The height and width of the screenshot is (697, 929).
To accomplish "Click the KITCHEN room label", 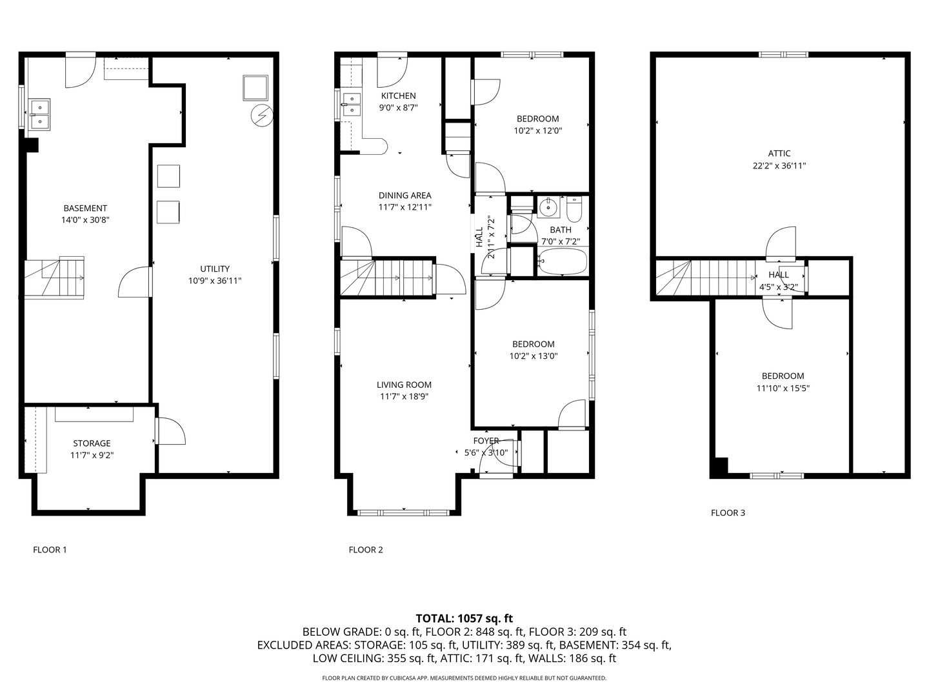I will tap(398, 96).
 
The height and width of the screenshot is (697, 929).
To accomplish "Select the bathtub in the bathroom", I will tap(563, 263).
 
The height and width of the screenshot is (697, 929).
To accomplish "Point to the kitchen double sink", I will tap(352, 104).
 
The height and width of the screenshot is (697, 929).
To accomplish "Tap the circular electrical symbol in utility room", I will tap(263, 115).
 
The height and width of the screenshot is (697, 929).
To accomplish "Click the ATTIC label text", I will tap(779, 154).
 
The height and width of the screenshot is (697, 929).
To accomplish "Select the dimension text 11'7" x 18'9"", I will tap(405, 397).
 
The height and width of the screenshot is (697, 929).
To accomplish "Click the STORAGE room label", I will tap(92, 443).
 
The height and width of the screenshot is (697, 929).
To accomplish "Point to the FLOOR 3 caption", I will tap(728, 513).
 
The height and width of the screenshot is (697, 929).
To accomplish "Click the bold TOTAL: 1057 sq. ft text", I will tap(464, 618).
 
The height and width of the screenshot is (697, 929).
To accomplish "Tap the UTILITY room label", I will tap(214, 269).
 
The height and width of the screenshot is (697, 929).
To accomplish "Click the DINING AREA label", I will tap(405, 196).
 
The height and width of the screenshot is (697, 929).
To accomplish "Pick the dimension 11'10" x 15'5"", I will tap(783, 389).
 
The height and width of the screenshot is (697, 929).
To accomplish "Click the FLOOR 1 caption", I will tap(50, 550).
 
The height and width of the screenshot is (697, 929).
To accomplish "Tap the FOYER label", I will tap(486, 441).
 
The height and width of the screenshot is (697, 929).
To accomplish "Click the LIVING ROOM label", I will tap(404, 385).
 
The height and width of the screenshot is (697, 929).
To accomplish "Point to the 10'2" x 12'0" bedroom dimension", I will tap(537, 130).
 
